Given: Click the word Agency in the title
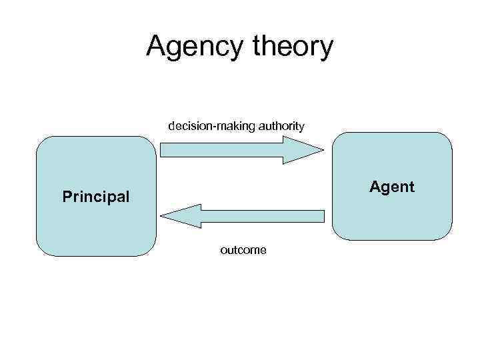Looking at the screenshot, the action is tap(190, 47).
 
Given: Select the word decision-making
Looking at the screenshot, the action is tap(209, 125).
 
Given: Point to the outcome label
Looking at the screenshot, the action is tap(243, 250).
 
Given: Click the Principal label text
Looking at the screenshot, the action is tap(96, 197).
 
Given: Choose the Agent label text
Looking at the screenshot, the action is tap(392, 187).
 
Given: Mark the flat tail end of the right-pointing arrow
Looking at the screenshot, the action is tap(162, 149).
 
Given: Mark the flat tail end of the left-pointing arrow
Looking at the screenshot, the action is tap(324, 216).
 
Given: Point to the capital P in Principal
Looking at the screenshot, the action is tap(67, 197).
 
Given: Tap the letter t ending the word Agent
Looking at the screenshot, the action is tap(411, 187).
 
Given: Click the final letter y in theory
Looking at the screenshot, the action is tap(325, 50).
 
